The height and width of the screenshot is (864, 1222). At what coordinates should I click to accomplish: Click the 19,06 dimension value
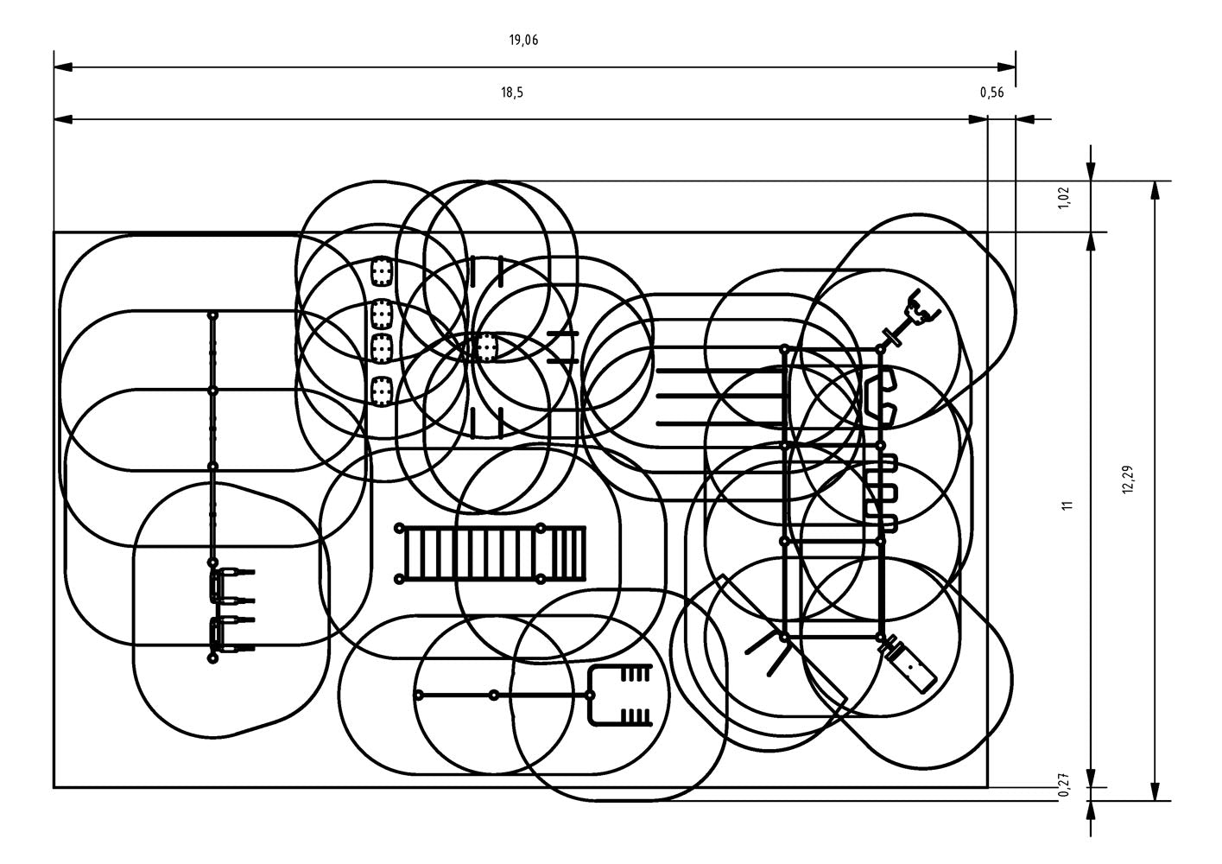click(524, 40)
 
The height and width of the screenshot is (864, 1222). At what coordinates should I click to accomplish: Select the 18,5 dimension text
click(512, 93)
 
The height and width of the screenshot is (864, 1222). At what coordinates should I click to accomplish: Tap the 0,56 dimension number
click(991, 93)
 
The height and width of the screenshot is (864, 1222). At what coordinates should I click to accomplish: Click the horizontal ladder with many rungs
click(491, 552)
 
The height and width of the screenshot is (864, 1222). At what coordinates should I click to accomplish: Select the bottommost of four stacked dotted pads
click(381, 390)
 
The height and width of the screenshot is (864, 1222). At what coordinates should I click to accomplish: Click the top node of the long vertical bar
click(212, 315)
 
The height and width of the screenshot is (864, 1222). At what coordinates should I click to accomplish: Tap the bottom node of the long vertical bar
click(212, 658)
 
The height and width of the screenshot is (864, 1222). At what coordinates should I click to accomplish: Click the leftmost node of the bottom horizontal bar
click(419, 695)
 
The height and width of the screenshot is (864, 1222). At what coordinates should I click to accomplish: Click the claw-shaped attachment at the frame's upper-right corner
click(917, 313)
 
